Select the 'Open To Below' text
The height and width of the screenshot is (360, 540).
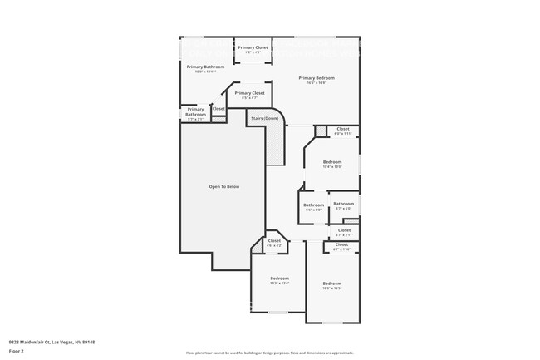coord(223,186)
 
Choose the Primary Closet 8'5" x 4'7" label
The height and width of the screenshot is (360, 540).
coord(249,95)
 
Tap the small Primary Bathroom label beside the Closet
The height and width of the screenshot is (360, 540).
coord(195,111)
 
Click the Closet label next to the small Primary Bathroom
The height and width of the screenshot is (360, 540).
coord(218,109)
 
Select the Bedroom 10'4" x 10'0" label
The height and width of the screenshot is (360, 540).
coord(332,163)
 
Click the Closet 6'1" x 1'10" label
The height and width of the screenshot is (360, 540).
coord(341,246)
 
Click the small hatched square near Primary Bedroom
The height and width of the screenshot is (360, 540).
coord(320,131)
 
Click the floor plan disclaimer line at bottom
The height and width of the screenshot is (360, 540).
coord(270,353)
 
